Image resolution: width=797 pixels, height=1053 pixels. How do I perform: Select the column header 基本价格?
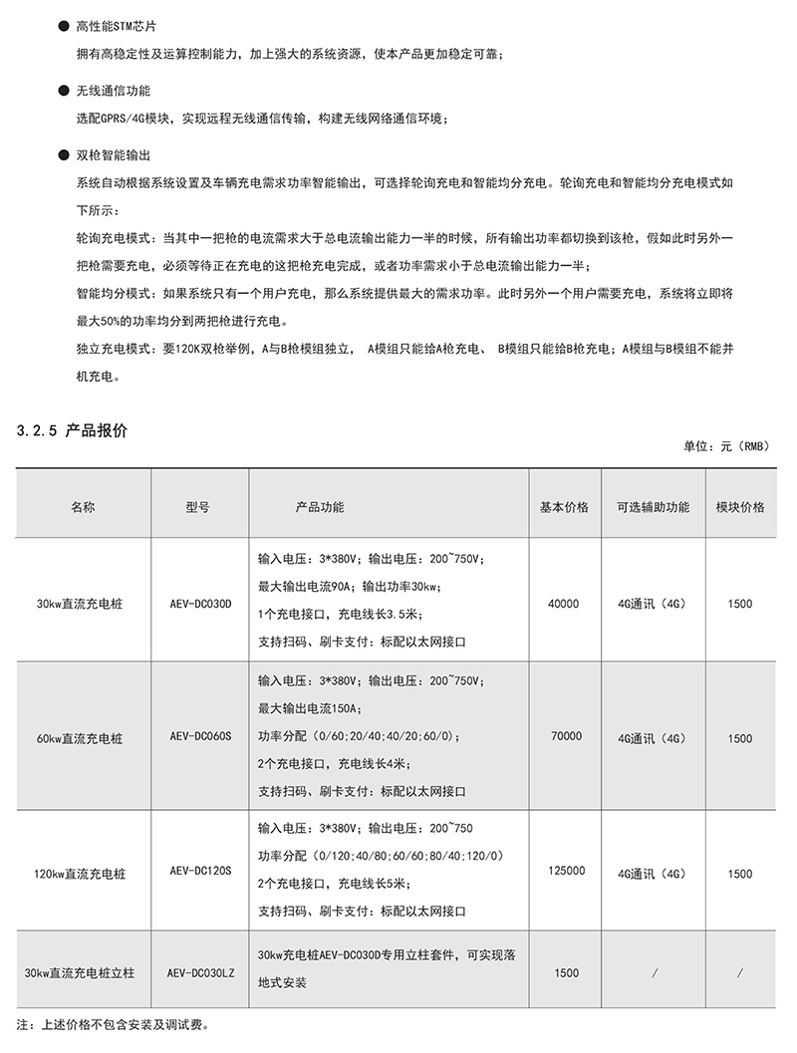564,507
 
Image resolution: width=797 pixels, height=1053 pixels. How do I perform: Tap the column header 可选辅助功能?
653,507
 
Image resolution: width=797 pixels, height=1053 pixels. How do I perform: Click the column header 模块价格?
740,507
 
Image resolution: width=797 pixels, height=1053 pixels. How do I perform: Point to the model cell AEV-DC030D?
200,604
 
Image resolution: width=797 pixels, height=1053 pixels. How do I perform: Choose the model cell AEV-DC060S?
200,738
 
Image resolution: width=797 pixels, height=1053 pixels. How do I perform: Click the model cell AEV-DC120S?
200,872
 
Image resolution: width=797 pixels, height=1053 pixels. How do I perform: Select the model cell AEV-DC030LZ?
200,972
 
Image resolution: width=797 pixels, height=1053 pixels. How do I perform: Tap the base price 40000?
564,604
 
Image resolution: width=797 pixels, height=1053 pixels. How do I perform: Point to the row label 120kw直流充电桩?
80,873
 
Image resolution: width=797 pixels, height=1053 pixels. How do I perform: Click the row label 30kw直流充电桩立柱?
80,973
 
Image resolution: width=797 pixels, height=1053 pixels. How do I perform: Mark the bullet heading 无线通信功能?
114,91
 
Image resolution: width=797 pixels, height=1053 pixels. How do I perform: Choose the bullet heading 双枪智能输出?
114,155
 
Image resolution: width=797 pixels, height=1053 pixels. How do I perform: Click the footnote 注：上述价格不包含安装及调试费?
115,1024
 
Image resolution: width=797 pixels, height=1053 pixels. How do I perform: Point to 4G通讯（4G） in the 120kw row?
653,873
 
